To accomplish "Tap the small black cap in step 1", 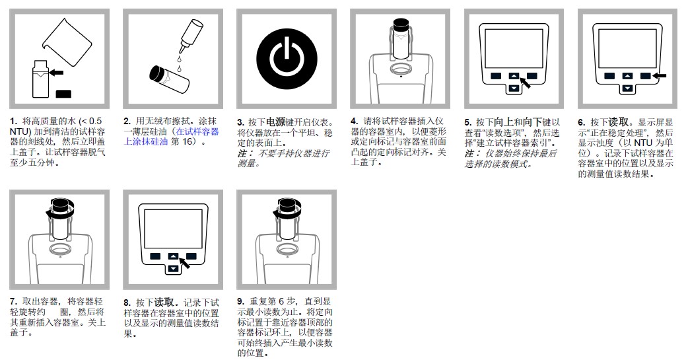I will click(65, 94).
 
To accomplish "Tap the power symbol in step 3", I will click(282, 59).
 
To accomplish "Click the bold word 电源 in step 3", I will click(275, 122).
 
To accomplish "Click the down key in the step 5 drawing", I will click(514, 88).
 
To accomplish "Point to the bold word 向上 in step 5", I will click(503, 122).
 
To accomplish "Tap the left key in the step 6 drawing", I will click(609, 76).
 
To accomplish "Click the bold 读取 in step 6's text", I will click(617, 122).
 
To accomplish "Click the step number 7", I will click(13, 302).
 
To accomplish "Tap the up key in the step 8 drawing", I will click(172, 256).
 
